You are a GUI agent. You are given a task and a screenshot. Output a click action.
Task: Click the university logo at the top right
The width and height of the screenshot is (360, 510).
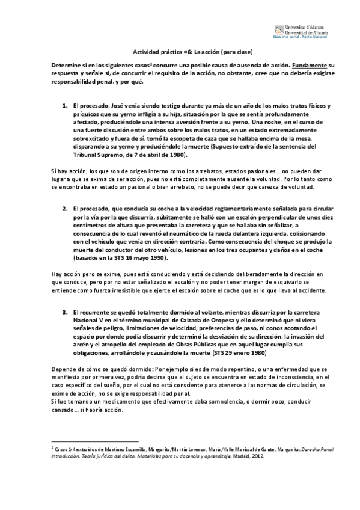coord(300,30)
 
